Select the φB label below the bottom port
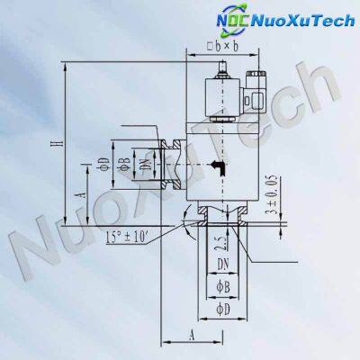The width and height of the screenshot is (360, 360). click(229, 285)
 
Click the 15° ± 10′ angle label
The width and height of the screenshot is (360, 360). click(129, 237)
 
